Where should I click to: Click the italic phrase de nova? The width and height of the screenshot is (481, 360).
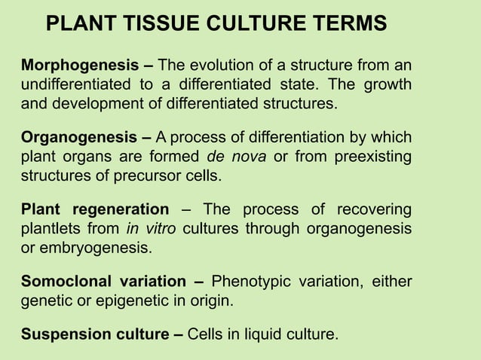tap(232, 157)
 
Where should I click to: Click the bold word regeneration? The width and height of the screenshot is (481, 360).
tap(124, 209)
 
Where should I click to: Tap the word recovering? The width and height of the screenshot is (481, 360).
tap(374, 209)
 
